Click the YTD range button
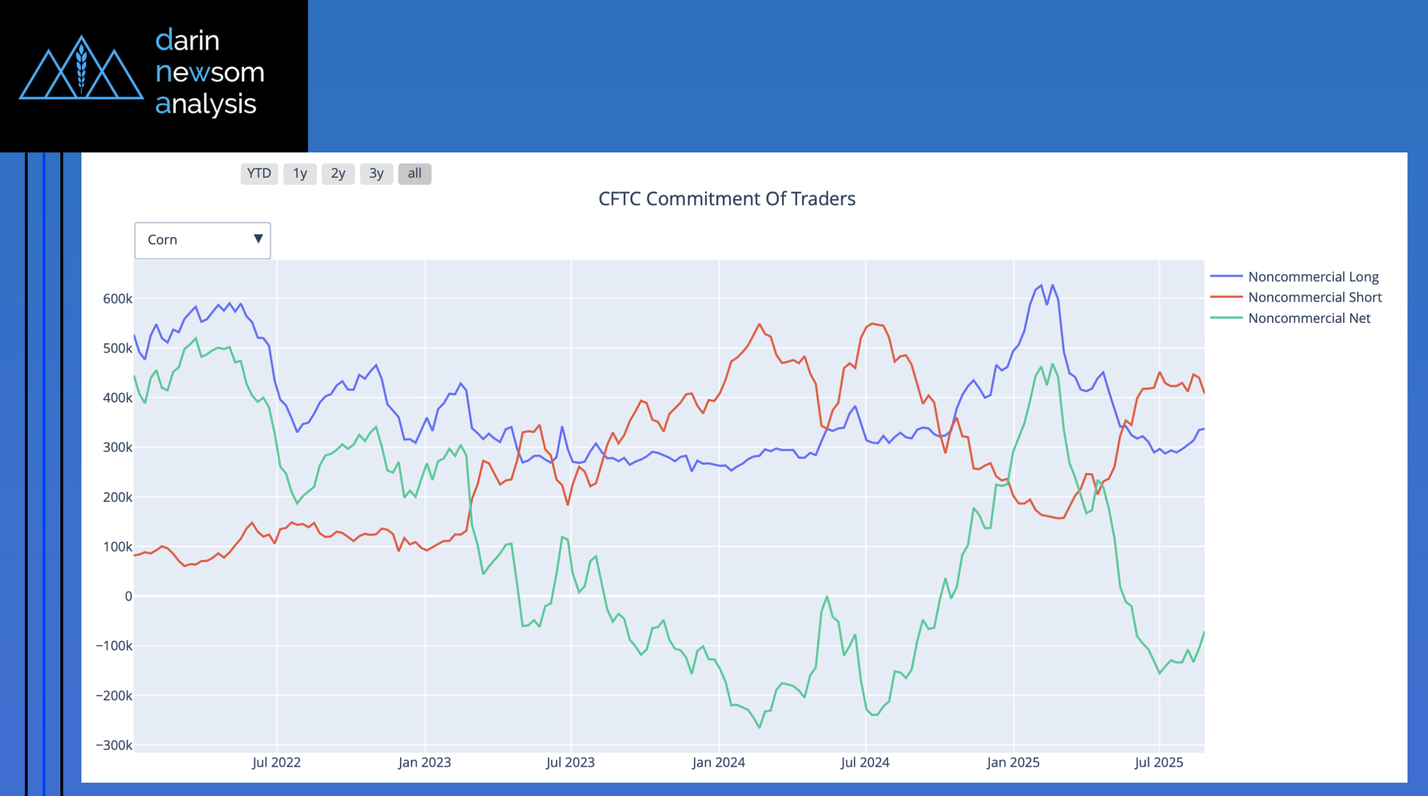(259, 174)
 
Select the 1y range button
(300, 174)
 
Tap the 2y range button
(338, 174)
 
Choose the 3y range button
(377, 174)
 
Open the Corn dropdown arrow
(258, 239)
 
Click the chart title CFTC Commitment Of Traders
(726, 199)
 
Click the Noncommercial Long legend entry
(1313, 277)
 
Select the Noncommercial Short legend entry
(1314, 298)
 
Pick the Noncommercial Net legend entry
(1309, 318)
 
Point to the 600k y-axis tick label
(117, 299)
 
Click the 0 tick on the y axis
(128, 596)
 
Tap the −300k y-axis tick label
(114, 745)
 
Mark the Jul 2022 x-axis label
(276, 763)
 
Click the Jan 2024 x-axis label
(718, 763)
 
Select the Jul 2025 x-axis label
(1159, 763)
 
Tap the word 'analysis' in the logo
(206, 104)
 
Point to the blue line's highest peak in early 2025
(1041, 285)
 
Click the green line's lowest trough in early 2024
(759, 727)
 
